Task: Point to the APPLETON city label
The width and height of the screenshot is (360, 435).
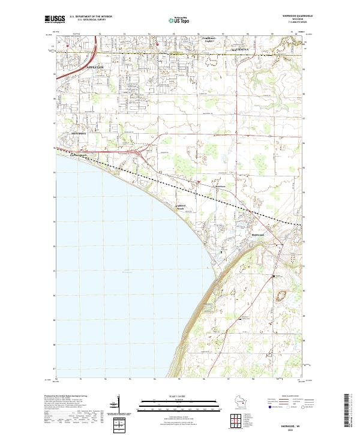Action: click(x=95, y=68)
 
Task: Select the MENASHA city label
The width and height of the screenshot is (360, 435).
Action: click(x=79, y=133)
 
